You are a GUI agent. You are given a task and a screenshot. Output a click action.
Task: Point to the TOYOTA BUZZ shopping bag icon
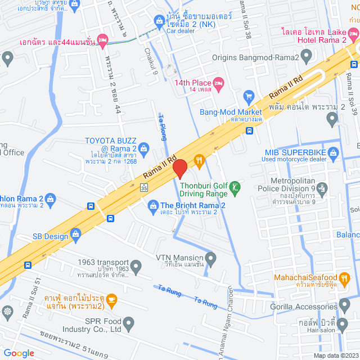pos(144,148)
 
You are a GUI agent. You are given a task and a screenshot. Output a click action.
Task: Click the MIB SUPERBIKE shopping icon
pos(334,151)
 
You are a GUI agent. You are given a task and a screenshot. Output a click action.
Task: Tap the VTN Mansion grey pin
pos(211,259)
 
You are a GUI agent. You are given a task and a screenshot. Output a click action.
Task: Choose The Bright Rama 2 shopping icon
pos(152,205)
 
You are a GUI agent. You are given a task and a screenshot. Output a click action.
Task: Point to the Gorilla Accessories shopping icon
pos(344,307)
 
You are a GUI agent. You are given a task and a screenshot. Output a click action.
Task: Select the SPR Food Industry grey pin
pos(129,324)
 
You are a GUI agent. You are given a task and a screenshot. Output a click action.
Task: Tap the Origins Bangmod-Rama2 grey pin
pos(307,56)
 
